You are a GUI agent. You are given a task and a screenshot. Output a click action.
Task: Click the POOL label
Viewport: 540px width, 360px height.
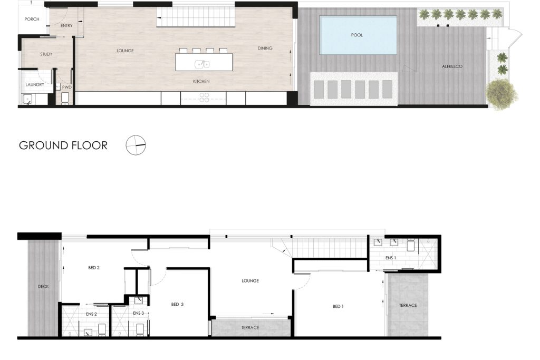[357, 35]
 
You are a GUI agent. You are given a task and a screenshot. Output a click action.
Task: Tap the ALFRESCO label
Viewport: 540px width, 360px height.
[452, 66]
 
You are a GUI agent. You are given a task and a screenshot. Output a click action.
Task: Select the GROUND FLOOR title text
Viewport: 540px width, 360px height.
[63, 145]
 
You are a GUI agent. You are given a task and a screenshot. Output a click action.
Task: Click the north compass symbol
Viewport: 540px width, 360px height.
[136, 145]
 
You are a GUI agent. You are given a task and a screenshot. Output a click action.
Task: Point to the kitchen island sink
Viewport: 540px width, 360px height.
[202, 64]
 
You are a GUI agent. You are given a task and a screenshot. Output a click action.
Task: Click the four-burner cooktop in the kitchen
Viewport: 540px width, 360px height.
[204, 98]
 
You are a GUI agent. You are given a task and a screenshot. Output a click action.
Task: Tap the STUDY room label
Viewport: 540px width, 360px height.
[46, 54]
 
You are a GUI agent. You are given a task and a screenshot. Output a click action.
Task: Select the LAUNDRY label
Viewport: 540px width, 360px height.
[35, 85]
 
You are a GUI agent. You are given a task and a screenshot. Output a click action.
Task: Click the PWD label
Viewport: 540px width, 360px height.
[67, 87]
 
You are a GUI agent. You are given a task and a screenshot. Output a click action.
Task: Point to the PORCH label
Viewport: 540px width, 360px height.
[32, 20]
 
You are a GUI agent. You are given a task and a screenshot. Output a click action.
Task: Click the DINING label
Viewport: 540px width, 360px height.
[265, 48]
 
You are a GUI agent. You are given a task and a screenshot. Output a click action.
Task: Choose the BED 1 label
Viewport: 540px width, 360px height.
[338, 306]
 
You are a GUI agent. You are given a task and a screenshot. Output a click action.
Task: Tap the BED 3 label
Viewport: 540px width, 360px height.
[177, 304]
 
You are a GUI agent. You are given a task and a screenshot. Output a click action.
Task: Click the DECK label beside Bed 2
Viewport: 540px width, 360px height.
[43, 286]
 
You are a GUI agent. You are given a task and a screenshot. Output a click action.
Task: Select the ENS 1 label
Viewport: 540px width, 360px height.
[391, 258]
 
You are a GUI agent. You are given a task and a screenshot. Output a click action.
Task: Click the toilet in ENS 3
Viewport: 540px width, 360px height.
[140, 329]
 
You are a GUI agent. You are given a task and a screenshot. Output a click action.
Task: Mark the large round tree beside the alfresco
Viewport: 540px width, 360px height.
[502, 94]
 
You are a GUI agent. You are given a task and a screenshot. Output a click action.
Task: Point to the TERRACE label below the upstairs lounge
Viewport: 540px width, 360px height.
[250, 328]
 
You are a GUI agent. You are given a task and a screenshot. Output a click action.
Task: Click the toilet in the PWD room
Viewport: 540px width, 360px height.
[65, 98]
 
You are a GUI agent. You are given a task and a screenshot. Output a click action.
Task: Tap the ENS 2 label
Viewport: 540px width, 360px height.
[91, 314]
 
